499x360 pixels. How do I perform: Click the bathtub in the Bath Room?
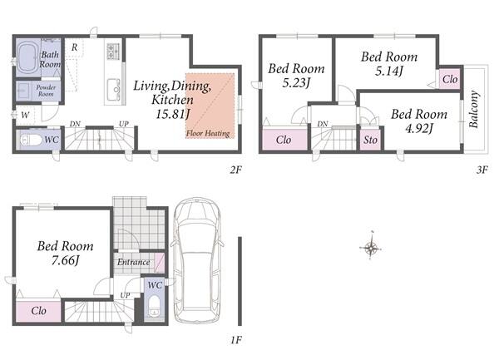(28, 57)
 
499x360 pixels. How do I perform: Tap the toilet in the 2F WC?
(31, 140)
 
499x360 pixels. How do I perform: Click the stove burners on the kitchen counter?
(113, 52)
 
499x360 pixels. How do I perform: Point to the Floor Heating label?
(208, 133)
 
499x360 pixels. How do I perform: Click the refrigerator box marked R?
(74, 47)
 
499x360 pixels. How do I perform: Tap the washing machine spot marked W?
(25, 115)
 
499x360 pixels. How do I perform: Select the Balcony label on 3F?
(473, 110)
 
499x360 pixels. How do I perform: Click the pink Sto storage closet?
(371, 140)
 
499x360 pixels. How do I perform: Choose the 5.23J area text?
(296, 83)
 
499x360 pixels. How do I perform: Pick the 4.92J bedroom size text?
(419, 129)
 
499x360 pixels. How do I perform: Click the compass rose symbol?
(371, 246)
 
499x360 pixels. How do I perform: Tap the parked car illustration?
(196, 260)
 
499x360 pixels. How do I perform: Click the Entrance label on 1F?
(133, 262)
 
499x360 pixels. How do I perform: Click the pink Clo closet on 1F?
(38, 311)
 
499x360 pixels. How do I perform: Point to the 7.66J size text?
(65, 261)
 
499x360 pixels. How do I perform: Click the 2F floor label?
(236, 170)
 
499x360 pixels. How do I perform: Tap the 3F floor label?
(482, 170)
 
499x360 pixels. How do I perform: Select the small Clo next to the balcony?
(450, 79)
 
